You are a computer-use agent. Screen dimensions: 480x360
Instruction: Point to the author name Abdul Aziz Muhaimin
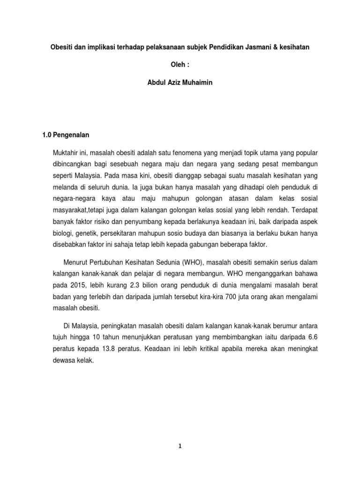(180, 84)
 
